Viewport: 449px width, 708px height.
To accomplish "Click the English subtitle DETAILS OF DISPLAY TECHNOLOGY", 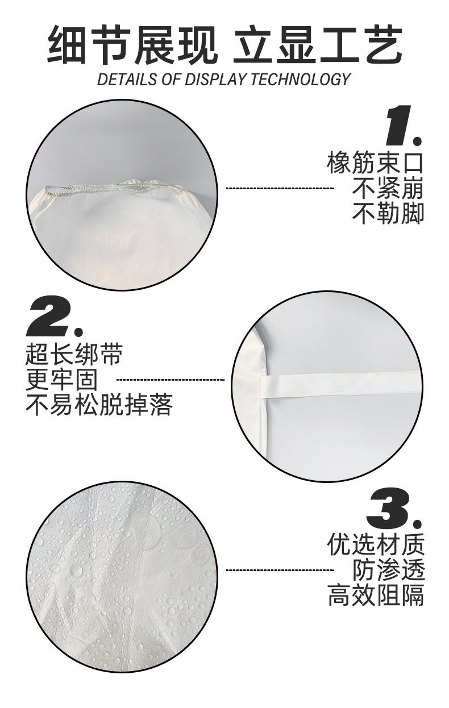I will tap(224, 79).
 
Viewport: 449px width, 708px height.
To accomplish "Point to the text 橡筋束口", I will tap(375, 163).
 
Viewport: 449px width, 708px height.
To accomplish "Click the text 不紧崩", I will tap(388, 188).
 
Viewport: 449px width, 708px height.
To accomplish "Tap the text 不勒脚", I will tap(388, 213).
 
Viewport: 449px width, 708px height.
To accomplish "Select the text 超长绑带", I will tap(74, 355).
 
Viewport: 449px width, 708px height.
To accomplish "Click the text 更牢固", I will tap(61, 380).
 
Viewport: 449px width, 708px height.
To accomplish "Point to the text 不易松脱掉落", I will tap(99, 405).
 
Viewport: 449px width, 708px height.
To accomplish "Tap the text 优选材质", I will tap(375, 545).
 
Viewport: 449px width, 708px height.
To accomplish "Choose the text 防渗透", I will tap(388, 570).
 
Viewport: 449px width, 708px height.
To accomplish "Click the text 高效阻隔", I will tap(375, 595).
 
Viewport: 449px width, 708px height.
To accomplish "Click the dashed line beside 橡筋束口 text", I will tap(280, 188).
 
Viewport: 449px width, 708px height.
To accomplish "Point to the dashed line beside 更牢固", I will tap(171, 379).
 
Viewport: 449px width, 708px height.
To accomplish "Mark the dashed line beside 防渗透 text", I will tap(280, 569).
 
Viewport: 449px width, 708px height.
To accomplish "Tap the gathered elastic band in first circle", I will tap(119, 188).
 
